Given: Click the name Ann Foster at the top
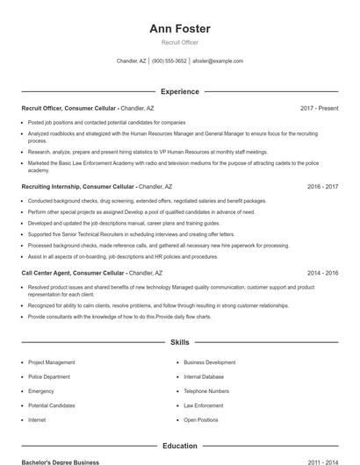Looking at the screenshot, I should coord(180,28).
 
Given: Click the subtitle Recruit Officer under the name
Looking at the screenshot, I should coord(180,42).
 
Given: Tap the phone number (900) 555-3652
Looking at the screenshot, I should coord(169,61).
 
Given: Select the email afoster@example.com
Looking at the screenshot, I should coord(218,61).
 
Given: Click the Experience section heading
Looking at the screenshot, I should coord(180,91).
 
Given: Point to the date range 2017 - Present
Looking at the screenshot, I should coord(319,108).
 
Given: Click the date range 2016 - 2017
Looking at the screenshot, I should coord(322,187).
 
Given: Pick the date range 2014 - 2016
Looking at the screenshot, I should coord(322,273).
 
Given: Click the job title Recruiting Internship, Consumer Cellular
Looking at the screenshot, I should coord(78,187).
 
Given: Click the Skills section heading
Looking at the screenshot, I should coord(180,342).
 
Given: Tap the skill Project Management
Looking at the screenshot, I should coord(51,362).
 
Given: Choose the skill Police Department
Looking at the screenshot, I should coord(49,376).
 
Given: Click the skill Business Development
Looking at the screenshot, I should coord(209,362).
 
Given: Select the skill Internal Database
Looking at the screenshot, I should coord(204,376).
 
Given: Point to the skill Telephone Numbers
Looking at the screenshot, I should coord(206,391).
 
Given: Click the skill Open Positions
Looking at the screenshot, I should coord(201,420).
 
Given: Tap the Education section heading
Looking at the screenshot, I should coord(180,446).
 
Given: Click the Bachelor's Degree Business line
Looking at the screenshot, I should coord(61,461).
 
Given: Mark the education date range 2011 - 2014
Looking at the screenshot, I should coord(322,461).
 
